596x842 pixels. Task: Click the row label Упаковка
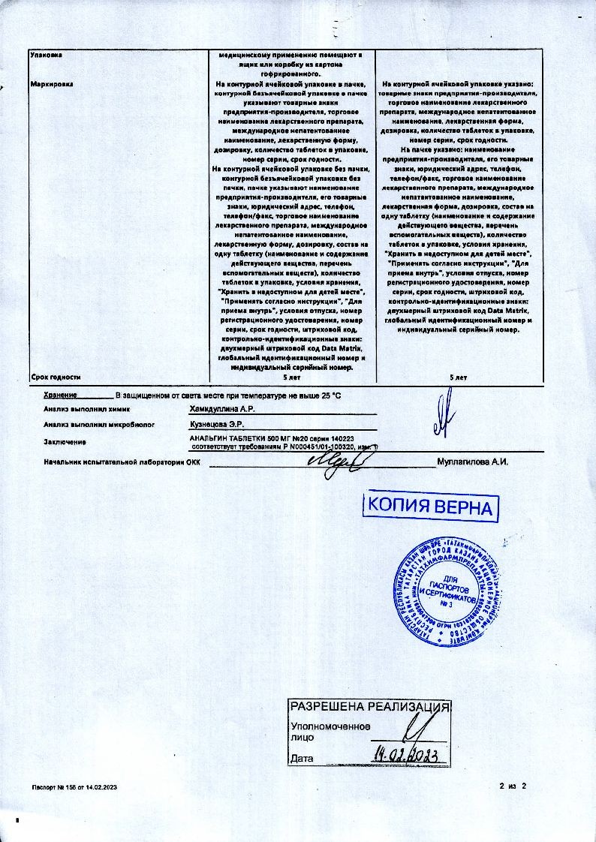(x=45, y=55)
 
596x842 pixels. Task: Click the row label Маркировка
(x=51, y=84)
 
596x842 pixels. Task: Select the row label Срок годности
(x=56, y=377)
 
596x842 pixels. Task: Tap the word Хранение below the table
(x=61, y=394)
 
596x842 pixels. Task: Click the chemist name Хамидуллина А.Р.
(x=223, y=410)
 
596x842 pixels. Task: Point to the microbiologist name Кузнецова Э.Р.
(x=218, y=425)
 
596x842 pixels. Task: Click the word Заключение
(x=65, y=442)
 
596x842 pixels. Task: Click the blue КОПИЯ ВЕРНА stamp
(x=432, y=507)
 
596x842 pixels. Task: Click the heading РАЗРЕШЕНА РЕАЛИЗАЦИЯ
(x=370, y=707)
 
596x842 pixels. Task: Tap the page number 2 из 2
(x=514, y=786)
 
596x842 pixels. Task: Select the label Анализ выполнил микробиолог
(x=99, y=425)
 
